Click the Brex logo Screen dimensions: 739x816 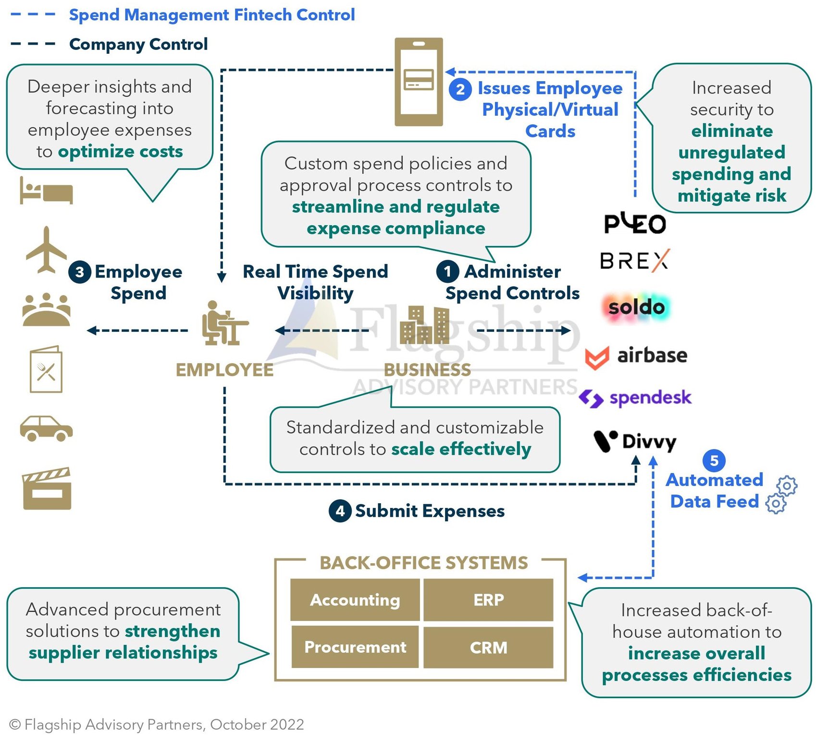pos(634,261)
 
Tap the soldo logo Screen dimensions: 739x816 pos(636,307)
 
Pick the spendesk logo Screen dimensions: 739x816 pos(635,398)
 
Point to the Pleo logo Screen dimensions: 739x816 pos(635,223)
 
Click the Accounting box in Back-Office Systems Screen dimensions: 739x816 pos(355,600)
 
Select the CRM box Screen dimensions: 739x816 pos(488,647)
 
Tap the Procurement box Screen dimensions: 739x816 pos(355,647)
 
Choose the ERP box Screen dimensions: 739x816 pos(488,600)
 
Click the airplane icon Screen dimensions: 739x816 pos(46,250)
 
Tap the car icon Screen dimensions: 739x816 pos(46,428)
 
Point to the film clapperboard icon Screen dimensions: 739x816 pos(47,488)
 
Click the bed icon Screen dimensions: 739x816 pos(46,191)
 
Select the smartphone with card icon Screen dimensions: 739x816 pos(419,82)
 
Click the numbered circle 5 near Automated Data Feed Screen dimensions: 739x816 pos(714,460)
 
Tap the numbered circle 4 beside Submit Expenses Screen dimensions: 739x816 pos(340,510)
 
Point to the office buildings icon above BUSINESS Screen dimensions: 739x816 pos(424,325)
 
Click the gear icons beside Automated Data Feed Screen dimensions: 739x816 pos(781,495)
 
